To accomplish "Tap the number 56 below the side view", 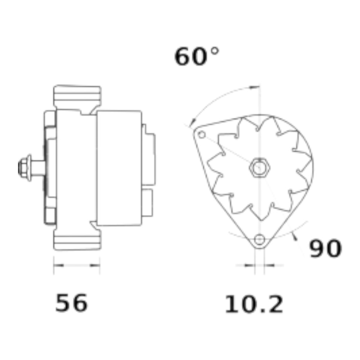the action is [71, 303].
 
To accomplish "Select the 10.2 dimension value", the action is [254, 305].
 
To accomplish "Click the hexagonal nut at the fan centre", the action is [260, 167].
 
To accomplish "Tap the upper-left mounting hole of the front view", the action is [202, 134].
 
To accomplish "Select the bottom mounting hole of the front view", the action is [260, 239].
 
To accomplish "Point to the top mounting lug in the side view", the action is [77, 96].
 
